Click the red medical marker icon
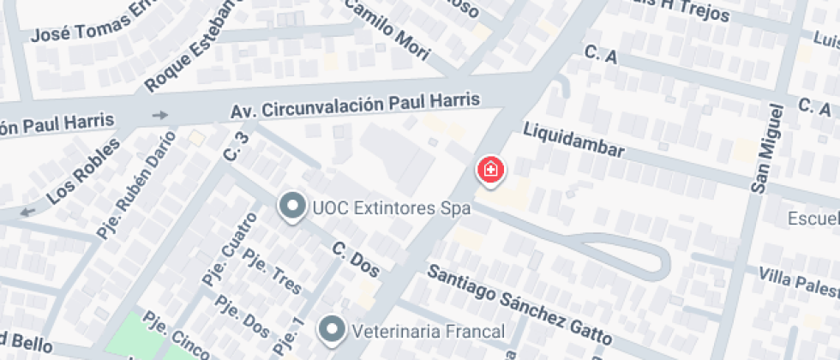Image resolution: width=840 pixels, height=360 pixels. pyautogui.click(x=490, y=169)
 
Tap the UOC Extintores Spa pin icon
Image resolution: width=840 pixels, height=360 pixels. pyautogui.click(x=293, y=206)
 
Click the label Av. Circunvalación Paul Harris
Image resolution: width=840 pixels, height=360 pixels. pyautogui.click(x=355, y=106)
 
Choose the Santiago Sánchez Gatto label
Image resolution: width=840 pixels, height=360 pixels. pyautogui.click(x=518, y=303)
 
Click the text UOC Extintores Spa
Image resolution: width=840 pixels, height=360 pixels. pyautogui.click(x=392, y=207)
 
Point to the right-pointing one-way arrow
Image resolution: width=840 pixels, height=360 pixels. pyautogui.click(x=159, y=115)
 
